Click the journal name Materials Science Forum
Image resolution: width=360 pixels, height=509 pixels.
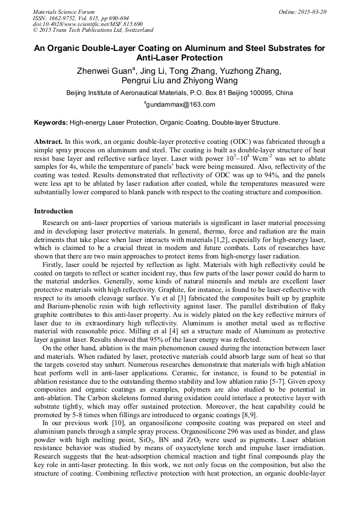(64, 11)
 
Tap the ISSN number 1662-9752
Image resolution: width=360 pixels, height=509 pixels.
(66, 18)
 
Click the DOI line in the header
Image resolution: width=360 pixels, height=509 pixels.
(88, 24)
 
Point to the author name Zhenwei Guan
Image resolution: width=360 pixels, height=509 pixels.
(101, 71)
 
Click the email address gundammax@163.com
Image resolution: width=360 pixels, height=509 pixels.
(181, 105)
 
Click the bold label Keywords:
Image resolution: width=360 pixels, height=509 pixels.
(51, 123)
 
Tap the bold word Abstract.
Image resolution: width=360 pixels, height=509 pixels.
(48, 143)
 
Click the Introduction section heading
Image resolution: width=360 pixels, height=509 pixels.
(54, 211)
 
